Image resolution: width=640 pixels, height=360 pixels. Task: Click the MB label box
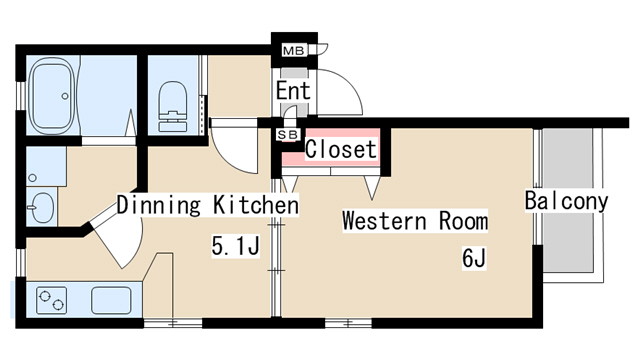(x=293, y=50)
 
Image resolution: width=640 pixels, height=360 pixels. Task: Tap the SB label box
(x=287, y=133)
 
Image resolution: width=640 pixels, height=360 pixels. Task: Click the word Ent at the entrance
(x=293, y=91)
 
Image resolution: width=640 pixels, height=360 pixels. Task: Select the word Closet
(x=340, y=150)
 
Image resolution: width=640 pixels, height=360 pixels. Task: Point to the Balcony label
(x=566, y=201)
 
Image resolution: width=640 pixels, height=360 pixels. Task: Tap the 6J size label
(x=473, y=258)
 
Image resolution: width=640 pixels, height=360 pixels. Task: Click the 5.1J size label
(x=235, y=245)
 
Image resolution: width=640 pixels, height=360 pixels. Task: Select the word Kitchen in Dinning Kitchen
(x=256, y=206)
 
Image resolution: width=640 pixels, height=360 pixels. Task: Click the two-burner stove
(x=51, y=298)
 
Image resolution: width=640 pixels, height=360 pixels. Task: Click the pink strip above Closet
(x=341, y=133)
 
